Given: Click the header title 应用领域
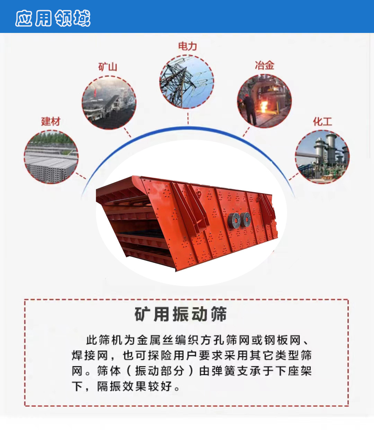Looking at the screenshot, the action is [53, 18].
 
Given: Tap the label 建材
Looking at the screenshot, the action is [51, 121].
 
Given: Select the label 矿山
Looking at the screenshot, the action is [108, 67].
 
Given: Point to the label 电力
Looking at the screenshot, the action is [188, 46].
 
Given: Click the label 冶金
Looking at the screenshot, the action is [265, 65].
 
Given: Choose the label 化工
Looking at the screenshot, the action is [322, 121].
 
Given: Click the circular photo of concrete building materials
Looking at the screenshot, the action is [51, 157].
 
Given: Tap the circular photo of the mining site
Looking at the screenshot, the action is [109, 103].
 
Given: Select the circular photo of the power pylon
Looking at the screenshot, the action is [187, 82].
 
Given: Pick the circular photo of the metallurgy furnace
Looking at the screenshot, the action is [264, 101].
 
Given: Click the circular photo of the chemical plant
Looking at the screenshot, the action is [322, 157].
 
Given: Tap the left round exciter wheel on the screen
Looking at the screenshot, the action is [234, 220].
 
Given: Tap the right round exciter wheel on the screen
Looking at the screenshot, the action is [245, 220].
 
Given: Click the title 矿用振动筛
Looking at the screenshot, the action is [181, 314].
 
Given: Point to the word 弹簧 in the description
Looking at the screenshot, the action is [223, 371].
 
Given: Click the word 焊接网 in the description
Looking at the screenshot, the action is [90, 355].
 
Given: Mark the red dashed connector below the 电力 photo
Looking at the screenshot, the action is [188, 118].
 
